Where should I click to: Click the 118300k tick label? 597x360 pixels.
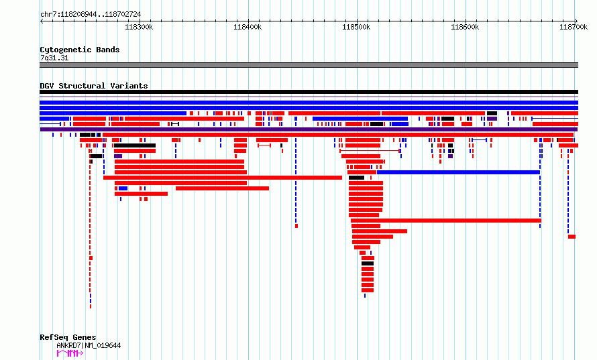click(x=139, y=27)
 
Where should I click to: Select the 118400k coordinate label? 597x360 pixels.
click(x=248, y=27)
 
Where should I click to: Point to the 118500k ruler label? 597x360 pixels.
click(x=356, y=27)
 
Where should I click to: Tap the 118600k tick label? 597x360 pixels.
click(x=465, y=27)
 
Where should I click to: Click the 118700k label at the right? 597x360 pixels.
click(x=574, y=27)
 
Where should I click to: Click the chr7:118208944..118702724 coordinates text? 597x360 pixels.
click(x=91, y=15)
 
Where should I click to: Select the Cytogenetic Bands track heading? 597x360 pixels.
click(x=80, y=50)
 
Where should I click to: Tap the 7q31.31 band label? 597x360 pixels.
click(x=54, y=58)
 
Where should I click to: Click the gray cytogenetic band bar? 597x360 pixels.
click(x=309, y=65)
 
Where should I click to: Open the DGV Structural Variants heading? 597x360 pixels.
click(x=94, y=86)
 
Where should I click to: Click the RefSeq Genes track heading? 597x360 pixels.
click(x=68, y=337)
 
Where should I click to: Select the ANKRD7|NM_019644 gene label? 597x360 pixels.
click(x=89, y=345)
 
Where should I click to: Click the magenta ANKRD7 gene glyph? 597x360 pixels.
click(x=70, y=353)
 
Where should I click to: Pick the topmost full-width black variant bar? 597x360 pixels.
click(x=309, y=92)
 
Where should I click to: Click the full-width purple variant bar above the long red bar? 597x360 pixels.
click(x=309, y=129)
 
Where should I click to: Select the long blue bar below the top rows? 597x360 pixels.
click(x=458, y=172)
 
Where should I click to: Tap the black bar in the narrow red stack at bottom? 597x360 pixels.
click(x=368, y=263)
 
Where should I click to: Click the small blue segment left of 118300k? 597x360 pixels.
click(x=123, y=188)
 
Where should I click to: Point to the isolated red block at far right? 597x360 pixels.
click(x=572, y=237)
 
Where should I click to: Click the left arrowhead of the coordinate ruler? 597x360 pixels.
click(x=41, y=21)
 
